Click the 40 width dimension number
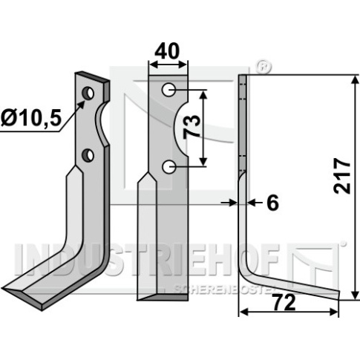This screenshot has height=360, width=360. click(x=166, y=51)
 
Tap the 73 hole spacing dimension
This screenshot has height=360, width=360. click(x=192, y=126)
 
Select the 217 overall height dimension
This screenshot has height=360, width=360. click(x=342, y=176)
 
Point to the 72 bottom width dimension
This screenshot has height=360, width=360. click(x=285, y=303)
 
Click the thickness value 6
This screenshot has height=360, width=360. click(x=272, y=203)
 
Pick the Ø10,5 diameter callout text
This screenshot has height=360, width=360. click(x=31, y=117)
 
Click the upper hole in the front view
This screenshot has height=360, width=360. click(x=168, y=90)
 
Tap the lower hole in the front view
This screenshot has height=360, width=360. click(x=168, y=167)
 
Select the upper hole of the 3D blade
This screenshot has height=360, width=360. click(x=88, y=94)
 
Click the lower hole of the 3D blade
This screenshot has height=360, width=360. click(x=88, y=155)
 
